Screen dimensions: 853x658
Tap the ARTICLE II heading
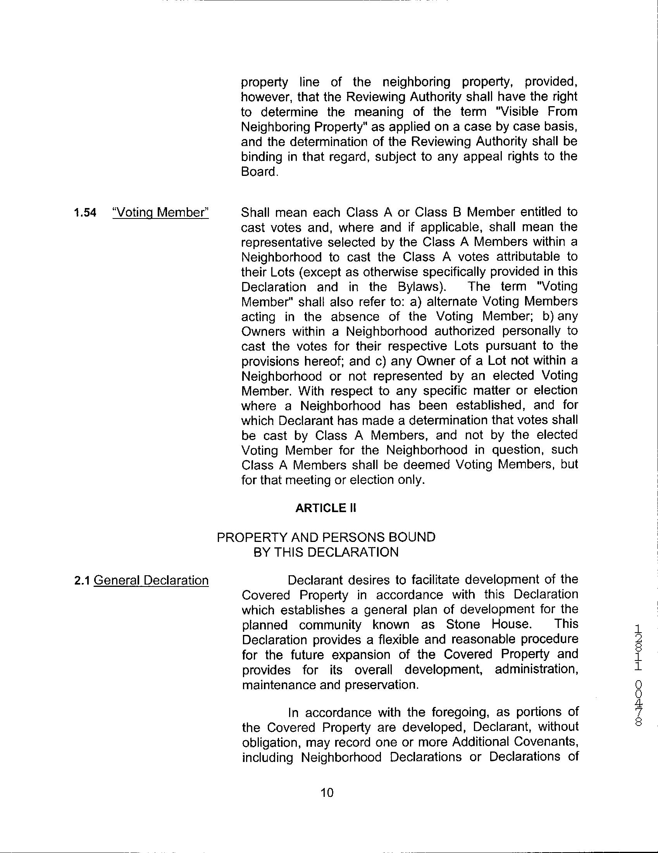click(326, 508)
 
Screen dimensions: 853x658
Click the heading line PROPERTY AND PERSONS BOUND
click(326, 537)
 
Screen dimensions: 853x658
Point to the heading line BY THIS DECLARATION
click(326, 552)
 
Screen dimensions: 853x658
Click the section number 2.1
click(83, 581)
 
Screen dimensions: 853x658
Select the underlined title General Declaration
click(151, 580)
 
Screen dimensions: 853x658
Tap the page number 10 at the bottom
click(327, 793)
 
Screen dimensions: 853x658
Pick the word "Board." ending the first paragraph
click(260, 172)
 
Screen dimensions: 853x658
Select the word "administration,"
click(536, 669)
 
